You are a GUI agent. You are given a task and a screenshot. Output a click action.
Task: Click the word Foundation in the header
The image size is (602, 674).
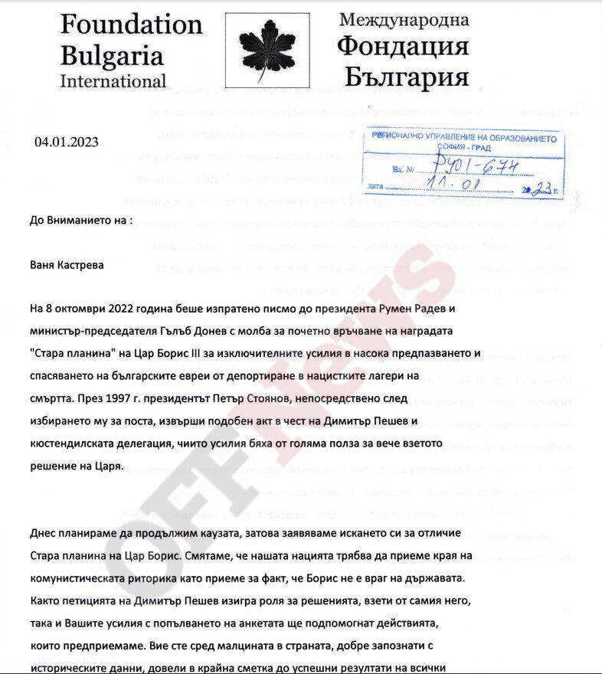click(x=131, y=25)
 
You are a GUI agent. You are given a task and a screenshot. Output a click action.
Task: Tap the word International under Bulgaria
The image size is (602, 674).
click(x=113, y=80)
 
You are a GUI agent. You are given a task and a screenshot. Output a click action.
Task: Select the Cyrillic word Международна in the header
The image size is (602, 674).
click(x=403, y=19)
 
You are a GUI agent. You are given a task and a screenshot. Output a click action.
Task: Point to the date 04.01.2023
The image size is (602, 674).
click(x=67, y=142)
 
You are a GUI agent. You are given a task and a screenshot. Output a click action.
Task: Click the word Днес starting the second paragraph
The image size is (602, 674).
click(x=44, y=532)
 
